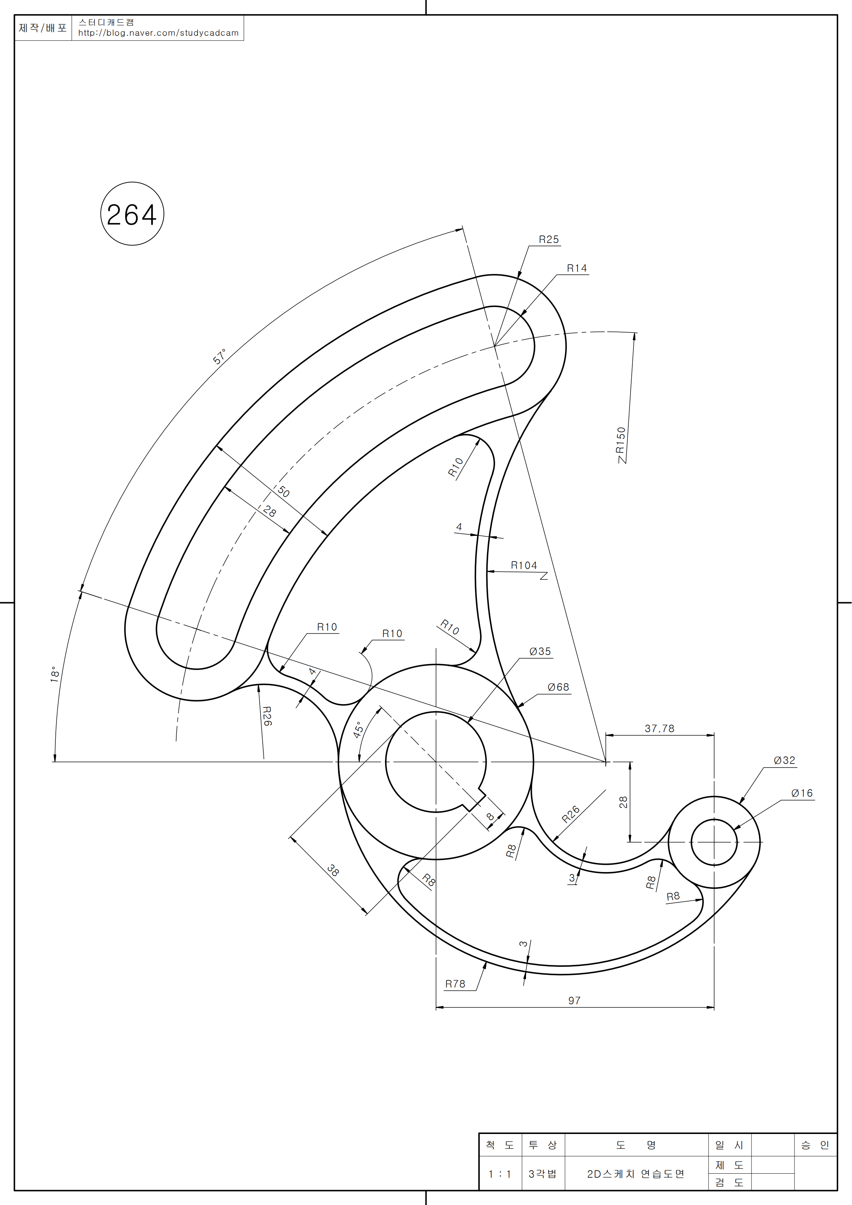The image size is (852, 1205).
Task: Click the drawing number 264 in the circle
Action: point(132,215)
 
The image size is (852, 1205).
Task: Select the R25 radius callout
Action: point(549,239)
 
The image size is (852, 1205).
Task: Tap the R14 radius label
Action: point(576,268)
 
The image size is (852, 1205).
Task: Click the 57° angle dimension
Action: point(219,356)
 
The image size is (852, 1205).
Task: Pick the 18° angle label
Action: point(54,674)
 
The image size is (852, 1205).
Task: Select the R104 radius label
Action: point(524,565)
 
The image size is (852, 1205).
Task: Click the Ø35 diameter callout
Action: point(540,651)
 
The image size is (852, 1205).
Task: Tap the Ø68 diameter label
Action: point(558,687)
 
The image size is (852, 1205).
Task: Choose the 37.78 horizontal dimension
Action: point(659,729)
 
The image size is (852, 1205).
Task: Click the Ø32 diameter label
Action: point(784,761)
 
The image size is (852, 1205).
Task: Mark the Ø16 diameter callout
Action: point(802,793)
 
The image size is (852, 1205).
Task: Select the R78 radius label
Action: point(455,984)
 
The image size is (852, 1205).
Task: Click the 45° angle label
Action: point(358,730)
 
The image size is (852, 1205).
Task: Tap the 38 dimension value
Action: point(333,870)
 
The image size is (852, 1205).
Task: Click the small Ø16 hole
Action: point(714,842)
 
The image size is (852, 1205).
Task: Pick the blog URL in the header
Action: point(158,32)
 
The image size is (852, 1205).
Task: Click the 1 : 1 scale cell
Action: point(500,1174)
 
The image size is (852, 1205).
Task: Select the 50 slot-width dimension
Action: point(283,492)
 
